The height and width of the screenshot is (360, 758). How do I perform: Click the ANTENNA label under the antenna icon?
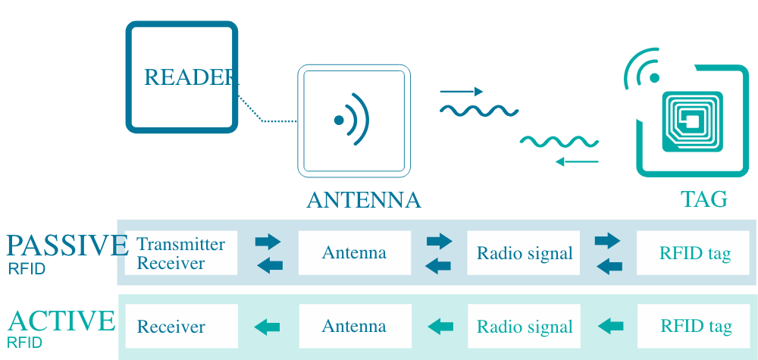tap(363, 200)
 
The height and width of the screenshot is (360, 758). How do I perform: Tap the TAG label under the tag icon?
tap(703, 199)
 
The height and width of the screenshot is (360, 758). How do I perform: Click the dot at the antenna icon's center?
tap(339, 120)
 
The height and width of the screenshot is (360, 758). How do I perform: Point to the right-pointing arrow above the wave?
tap(462, 92)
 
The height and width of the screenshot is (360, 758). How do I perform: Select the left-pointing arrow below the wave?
tap(577, 161)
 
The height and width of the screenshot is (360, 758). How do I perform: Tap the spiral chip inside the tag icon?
tap(692, 121)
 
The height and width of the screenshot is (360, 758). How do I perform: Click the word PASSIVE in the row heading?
tap(64, 246)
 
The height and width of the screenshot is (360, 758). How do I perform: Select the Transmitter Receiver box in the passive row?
tap(181, 253)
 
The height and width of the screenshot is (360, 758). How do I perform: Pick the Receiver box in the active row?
tap(181, 327)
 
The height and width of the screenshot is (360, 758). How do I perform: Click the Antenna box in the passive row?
tap(355, 253)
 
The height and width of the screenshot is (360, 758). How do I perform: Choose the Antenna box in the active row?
tap(355, 327)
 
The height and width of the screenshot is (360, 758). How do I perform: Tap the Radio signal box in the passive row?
tap(524, 253)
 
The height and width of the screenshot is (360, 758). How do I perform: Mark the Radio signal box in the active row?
tap(524, 327)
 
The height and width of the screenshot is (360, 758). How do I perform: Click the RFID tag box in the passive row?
tap(694, 253)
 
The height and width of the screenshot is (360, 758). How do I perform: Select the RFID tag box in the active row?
tap(694, 327)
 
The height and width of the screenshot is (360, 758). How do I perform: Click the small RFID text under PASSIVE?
tap(27, 269)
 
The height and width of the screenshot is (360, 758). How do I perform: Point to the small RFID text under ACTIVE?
tap(25, 343)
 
